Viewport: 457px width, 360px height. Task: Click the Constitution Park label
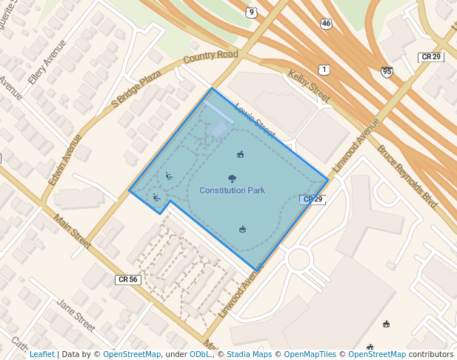tap(232, 191)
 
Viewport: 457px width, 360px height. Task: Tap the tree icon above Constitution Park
tap(233, 179)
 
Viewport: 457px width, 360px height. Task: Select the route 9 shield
tap(252, 12)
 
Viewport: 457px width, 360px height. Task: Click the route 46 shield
tap(327, 24)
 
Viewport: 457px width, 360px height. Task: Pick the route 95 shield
tap(387, 71)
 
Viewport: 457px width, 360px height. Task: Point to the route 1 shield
tap(324, 70)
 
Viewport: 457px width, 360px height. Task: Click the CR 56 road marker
tap(127, 279)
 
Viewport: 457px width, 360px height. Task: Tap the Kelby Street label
tap(308, 87)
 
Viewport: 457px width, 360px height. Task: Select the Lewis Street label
tap(254, 121)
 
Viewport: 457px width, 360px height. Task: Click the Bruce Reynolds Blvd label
tap(407, 176)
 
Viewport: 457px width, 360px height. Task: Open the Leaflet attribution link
tap(41, 355)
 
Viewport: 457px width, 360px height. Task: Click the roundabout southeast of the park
tap(298, 259)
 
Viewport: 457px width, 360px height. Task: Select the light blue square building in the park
tap(221, 130)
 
